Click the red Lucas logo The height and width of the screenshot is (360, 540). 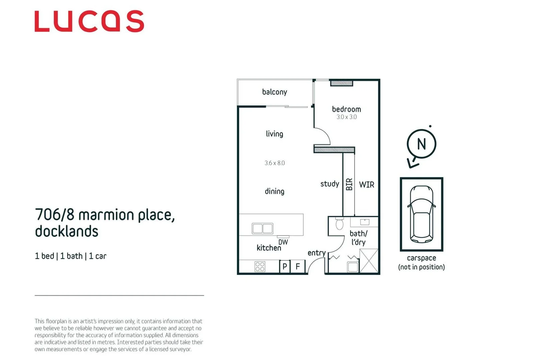pyautogui.click(x=89, y=21)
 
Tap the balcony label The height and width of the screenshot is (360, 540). pyautogui.click(x=274, y=92)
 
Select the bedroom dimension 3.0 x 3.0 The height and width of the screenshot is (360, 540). pyautogui.click(x=346, y=117)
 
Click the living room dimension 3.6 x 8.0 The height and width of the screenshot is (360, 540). pyautogui.click(x=275, y=163)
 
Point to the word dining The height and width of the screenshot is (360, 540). pyautogui.click(x=274, y=191)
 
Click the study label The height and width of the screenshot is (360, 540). pyautogui.click(x=330, y=184)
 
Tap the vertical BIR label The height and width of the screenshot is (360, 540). pyautogui.click(x=349, y=184)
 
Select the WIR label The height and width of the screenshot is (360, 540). pyautogui.click(x=366, y=185)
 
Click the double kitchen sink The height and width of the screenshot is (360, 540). pyautogui.click(x=262, y=228)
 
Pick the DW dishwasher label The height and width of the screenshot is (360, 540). pyautogui.click(x=283, y=242)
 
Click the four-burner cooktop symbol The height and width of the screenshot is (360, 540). pyautogui.click(x=260, y=266)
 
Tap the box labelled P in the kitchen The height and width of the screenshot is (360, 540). pyautogui.click(x=285, y=266)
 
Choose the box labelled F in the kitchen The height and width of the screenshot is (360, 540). pyautogui.click(x=298, y=266)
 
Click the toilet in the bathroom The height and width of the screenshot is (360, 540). pyautogui.click(x=339, y=224)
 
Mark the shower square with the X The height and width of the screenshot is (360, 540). pyautogui.click(x=369, y=261)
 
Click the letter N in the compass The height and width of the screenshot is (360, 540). pyautogui.click(x=421, y=144)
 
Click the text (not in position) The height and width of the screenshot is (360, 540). pyautogui.click(x=421, y=267)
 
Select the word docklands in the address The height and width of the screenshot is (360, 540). pyautogui.click(x=66, y=231)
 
